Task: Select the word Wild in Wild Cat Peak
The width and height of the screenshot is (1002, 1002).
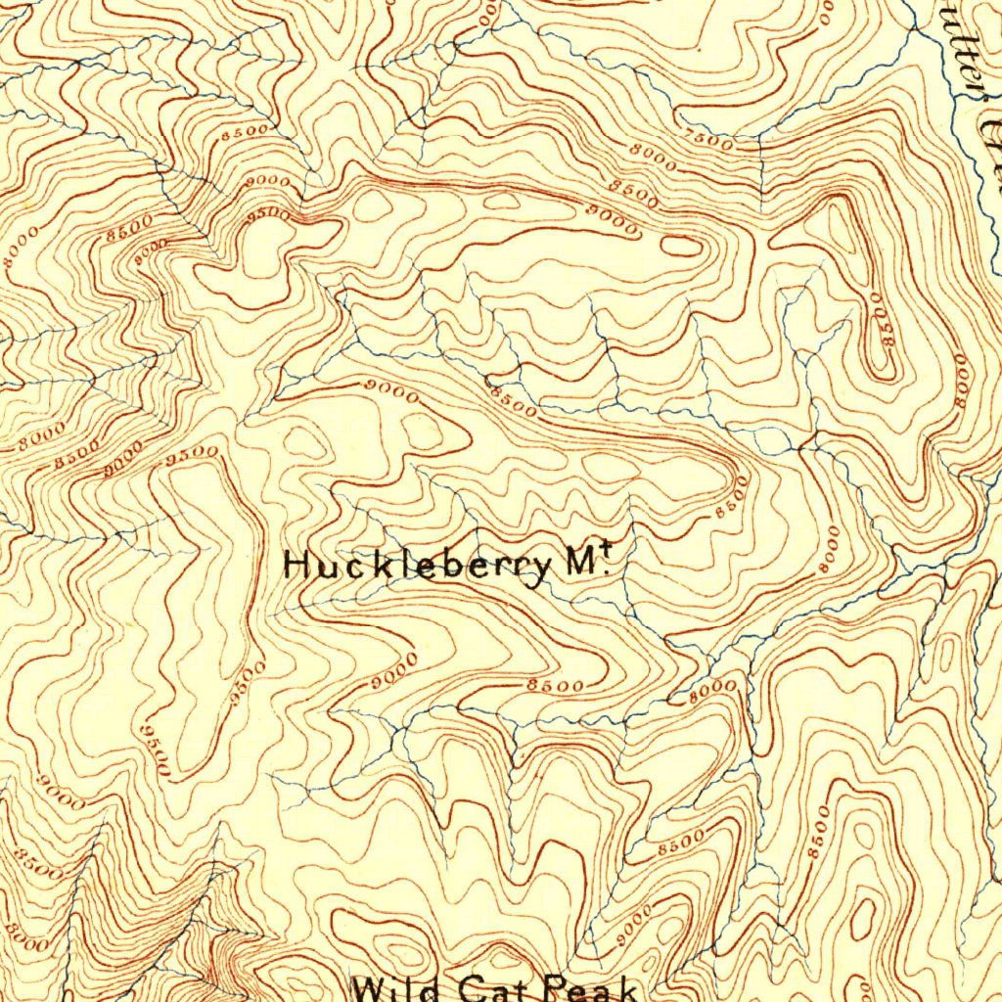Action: click(397, 988)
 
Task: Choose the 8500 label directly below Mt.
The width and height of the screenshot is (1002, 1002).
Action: click(556, 686)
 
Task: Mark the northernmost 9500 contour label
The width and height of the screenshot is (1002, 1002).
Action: click(269, 212)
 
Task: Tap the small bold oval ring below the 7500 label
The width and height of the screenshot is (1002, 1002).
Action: click(681, 246)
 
